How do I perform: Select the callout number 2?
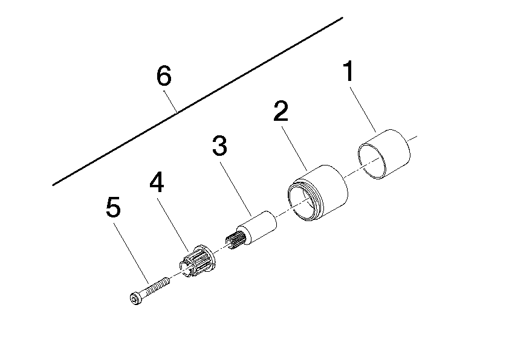point(280,112)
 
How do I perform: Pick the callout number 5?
point(112,208)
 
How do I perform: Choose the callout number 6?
point(164,77)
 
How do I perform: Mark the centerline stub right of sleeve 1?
point(413,139)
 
